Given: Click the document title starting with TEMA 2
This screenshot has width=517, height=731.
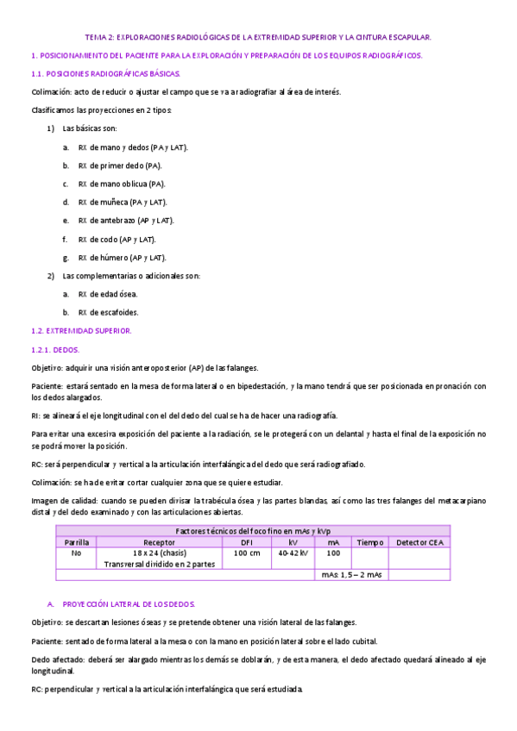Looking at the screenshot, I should coord(258,37).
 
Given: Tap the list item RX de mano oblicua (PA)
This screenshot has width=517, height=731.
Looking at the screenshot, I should coord(122,184).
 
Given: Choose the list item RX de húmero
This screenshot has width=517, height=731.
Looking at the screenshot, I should coord(122,257).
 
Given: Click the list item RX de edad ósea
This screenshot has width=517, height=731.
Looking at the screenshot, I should coord(107,294).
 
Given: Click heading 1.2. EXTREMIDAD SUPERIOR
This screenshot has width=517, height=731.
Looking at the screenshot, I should coord(81,330).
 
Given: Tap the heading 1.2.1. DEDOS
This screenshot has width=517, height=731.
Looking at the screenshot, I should coord(54,349).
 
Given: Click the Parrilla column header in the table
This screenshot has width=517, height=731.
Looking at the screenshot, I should coord(76,542).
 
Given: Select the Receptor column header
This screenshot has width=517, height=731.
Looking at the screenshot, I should coord(160,542).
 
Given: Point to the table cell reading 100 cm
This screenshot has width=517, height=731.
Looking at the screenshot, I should coord(247,553).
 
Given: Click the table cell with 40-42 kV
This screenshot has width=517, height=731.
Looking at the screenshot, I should coord(293,553).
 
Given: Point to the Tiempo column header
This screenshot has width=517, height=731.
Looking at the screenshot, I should coord(369,542).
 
